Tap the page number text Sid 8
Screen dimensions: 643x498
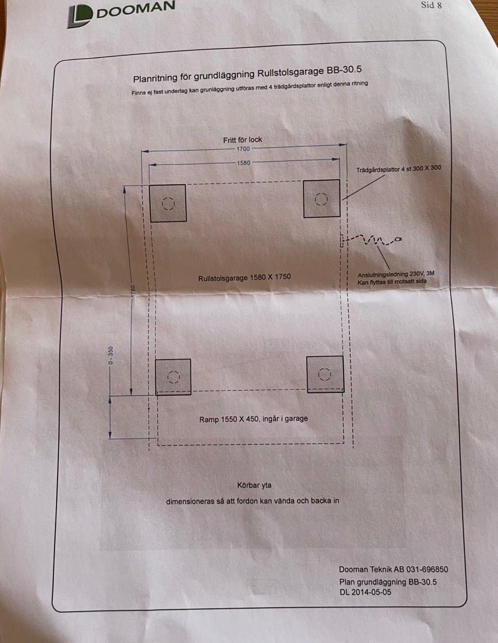pyautogui.click(x=431, y=5)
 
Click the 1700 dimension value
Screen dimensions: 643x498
pyautogui.click(x=243, y=149)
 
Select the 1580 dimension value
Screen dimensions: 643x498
pyautogui.click(x=243, y=163)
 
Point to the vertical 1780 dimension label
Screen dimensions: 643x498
pyautogui.click(x=133, y=291)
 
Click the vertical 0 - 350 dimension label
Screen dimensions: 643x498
pyautogui.click(x=110, y=355)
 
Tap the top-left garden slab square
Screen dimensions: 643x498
pyautogui.click(x=168, y=203)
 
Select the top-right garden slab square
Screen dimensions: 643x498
pyautogui.click(x=322, y=199)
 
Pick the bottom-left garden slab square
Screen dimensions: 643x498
pyautogui.click(x=173, y=377)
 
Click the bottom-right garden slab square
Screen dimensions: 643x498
pyautogui.click(x=325, y=374)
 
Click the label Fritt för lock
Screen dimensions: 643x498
pyautogui.click(x=243, y=140)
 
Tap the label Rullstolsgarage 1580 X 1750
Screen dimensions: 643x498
pyautogui.click(x=244, y=278)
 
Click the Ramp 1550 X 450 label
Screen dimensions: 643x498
pyautogui.click(x=253, y=419)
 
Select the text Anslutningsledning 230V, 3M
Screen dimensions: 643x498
pyautogui.click(x=396, y=275)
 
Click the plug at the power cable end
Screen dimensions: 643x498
pyautogui.click(x=398, y=239)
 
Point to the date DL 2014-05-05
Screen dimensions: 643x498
pyautogui.click(x=365, y=592)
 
